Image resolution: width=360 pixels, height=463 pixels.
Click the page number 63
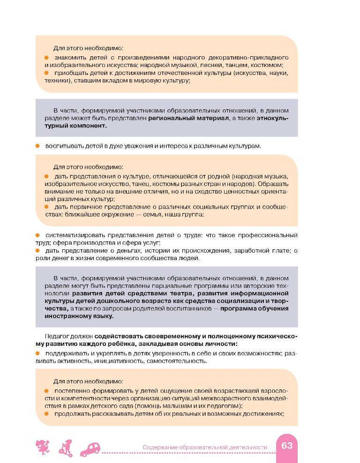coord(287,445)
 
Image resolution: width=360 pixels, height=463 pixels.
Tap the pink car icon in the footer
coord(91,449)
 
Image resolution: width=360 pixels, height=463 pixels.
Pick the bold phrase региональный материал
coord(188,119)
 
